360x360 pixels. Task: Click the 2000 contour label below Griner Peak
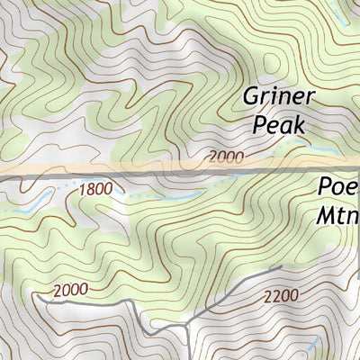click(x=225, y=157)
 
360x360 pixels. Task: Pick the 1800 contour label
click(x=96, y=189)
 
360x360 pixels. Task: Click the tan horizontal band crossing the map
click(x=135, y=170)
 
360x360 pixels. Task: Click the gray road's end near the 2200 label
click(x=281, y=267)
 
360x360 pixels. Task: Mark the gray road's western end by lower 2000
click(x=38, y=293)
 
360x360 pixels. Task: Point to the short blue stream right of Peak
click(x=301, y=142)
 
